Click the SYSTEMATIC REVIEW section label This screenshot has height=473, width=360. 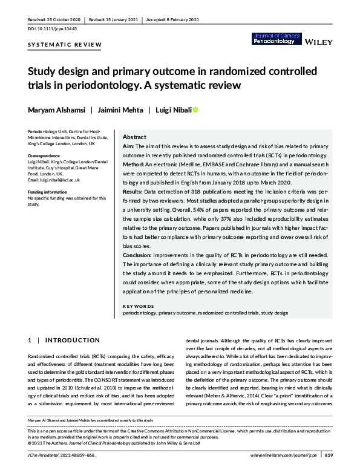[x=65, y=45]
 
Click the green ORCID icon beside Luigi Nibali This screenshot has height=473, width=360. [x=195, y=109]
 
